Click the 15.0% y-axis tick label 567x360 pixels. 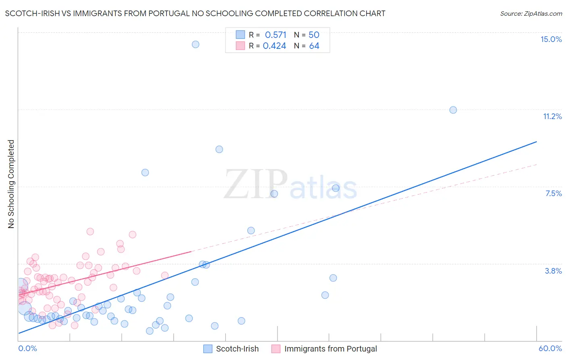point(551,39)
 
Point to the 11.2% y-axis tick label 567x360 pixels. point(552,116)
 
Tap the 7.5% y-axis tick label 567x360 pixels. point(553,193)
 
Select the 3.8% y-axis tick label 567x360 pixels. point(553,271)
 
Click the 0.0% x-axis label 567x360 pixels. point(27,348)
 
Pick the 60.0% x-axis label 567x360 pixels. point(550,348)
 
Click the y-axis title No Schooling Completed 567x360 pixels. point(11,184)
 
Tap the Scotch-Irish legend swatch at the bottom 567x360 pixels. point(208,349)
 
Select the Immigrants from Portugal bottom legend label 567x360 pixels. point(330,349)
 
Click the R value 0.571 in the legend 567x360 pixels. point(275,35)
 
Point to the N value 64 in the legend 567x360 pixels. point(314,46)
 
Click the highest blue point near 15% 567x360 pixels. point(196,44)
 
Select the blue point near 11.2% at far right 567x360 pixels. point(453,110)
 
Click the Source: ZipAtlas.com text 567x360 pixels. point(531,13)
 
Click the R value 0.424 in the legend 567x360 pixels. point(274,46)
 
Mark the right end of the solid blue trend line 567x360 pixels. point(536,142)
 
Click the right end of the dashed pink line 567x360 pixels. point(536,164)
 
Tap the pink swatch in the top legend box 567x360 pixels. point(240,46)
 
